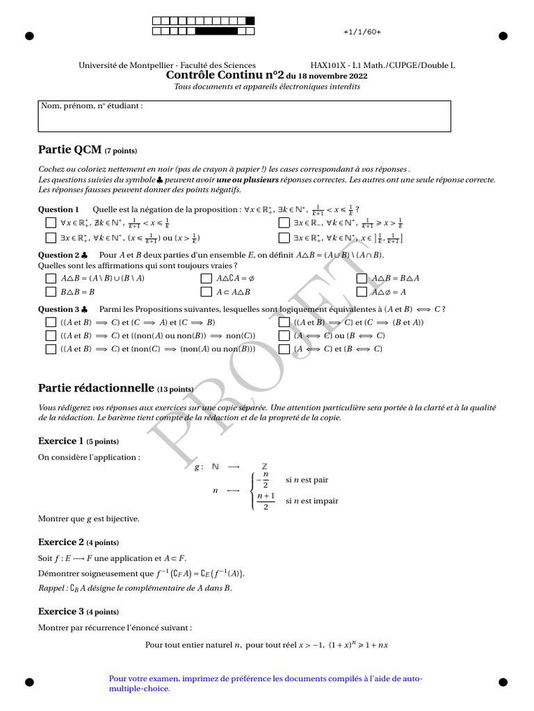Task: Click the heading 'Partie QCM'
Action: coord(70,149)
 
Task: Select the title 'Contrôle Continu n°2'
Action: coord(225,76)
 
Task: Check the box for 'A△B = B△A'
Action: coord(362,278)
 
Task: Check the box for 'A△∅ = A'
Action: coord(362,292)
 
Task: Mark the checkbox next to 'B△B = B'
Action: coord(50,292)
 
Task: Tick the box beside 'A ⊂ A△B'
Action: coord(206,292)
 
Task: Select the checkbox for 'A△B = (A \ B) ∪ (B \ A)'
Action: coord(50,278)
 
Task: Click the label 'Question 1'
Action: coord(59,209)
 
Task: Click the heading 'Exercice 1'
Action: coord(61,441)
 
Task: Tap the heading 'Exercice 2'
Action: coord(61,542)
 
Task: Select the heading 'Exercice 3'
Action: coord(61,612)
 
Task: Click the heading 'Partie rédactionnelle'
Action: coord(95,387)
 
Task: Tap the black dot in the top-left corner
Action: coord(29,36)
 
